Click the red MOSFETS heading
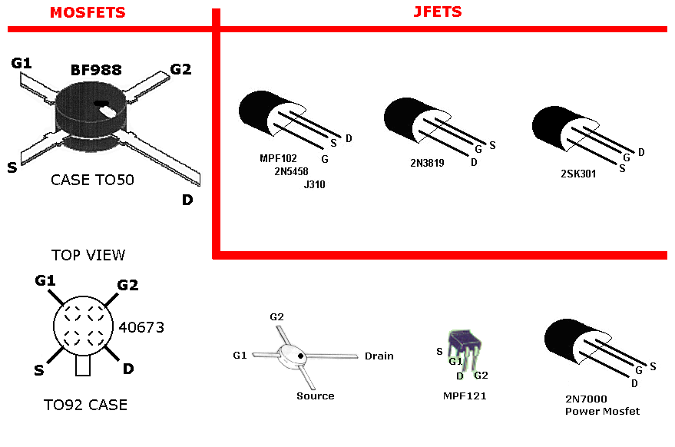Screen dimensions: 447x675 [x=87, y=12]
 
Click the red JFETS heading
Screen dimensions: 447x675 [x=437, y=12]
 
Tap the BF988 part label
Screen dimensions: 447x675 [x=96, y=70]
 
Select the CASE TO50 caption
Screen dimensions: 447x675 [x=92, y=180]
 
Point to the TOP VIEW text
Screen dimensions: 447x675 [x=88, y=255]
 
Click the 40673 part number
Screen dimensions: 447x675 [x=141, y=327]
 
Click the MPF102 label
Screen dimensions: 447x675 [x=278, y=159]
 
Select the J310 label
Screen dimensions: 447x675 [x=315, y=184]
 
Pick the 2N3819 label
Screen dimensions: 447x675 [x=428, y=163]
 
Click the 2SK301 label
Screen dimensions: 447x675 [x=578, y=174]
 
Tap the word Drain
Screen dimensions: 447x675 [x=379, y=356]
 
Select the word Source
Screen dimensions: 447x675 [x=316, y=396]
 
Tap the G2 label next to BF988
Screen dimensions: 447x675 [x=180, y=69]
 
